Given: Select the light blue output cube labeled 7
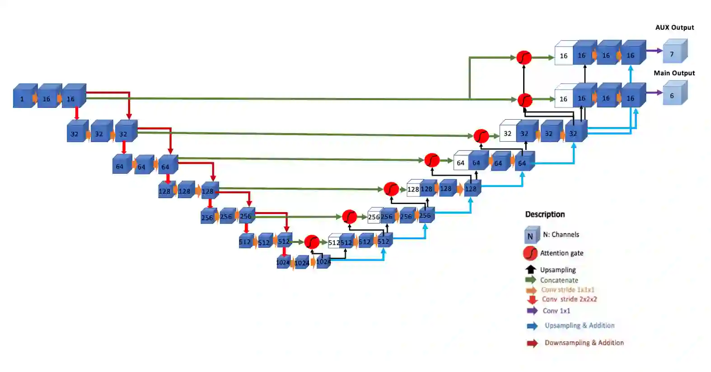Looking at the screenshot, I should pos(673,53).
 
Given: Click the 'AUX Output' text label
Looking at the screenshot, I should pos(674,28).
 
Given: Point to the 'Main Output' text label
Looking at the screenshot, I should pos(674,73).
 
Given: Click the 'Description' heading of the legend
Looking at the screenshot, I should pos(545,214).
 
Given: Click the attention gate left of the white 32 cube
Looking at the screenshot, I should pos(481,136).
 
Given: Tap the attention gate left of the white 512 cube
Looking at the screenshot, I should pos(312,242).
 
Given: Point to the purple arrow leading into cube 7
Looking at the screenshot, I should pos(654,51).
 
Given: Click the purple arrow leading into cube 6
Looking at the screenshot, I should pos(654,93).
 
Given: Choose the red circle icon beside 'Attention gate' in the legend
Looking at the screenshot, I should pos(530,253).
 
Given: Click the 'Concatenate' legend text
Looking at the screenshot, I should pos(559,280).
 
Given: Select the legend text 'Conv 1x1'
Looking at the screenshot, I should pos(556,311).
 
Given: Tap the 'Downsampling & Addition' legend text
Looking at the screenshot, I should pos(584,343).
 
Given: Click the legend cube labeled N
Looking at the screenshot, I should pos(530,236).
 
